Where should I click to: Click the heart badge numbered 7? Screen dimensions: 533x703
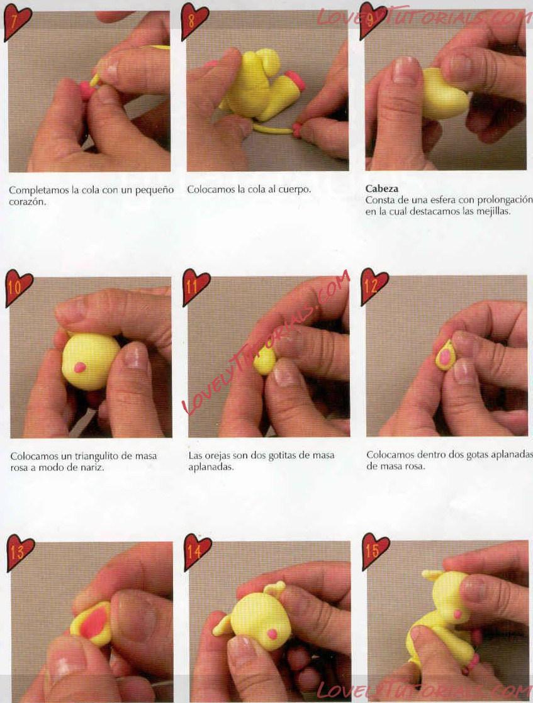[x=17, y=23]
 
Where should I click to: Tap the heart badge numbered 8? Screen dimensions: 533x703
[x=194, y=21]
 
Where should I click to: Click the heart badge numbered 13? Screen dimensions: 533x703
[x=20, y=553]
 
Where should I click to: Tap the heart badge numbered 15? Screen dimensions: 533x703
[x=376, y=551]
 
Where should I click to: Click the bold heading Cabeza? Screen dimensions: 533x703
[x=382, y=189]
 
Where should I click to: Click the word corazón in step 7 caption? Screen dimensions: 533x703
[x=27, y=202]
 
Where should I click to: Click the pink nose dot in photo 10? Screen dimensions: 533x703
[x=80, y=367]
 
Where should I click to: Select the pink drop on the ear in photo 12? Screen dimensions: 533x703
[x=445, y=357]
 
